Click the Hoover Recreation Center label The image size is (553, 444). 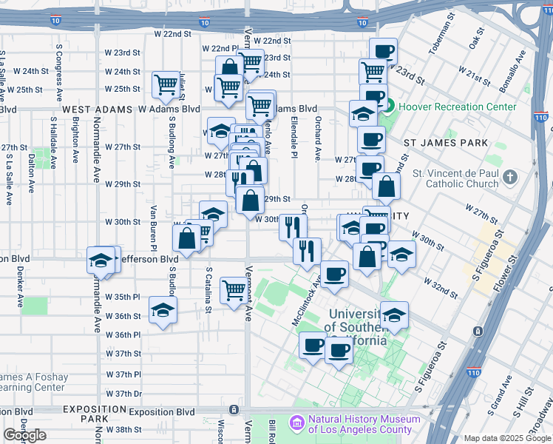coord(457,107)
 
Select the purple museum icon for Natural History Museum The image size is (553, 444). coord(296,423)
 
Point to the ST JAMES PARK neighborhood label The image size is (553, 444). coord(445,142)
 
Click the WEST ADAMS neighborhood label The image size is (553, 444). coord(92,109)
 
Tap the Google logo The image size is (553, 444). coord(25,435)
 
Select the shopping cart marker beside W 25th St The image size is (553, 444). coord(166,84)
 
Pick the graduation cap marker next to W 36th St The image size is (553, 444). coord(163,310)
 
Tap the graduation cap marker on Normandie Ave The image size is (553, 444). coord(101,260)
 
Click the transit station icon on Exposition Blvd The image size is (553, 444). coord(234,409)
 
